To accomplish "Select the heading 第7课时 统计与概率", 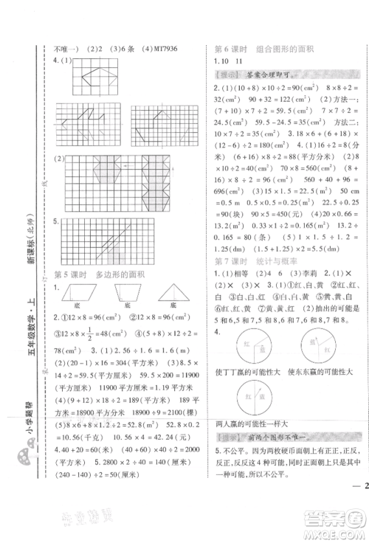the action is coord(255,261).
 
